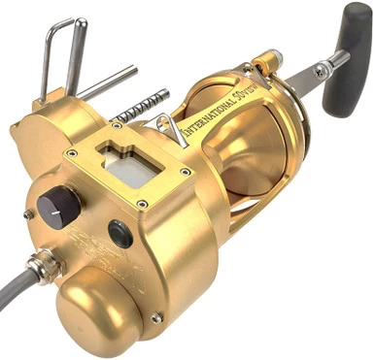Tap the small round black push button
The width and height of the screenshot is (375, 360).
pyautogui.click(x=119, y=233)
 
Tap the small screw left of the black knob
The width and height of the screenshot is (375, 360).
pyautogui.click(x=28, y=214)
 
